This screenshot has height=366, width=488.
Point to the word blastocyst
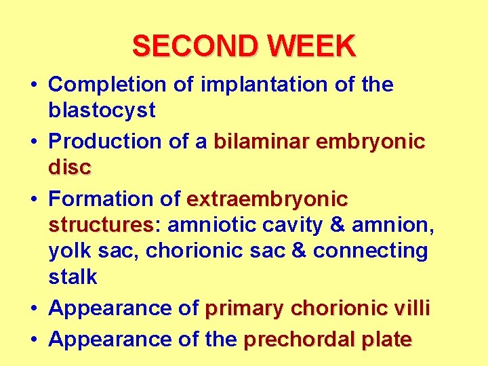coord(102,110)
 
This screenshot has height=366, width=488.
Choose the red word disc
coord(69,167)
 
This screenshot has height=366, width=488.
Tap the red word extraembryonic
coord(267,199)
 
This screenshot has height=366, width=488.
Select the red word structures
coord(100,224)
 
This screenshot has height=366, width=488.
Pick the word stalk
coord(73,277)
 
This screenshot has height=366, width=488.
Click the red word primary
coord(245,308)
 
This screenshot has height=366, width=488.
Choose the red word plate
coord(382,338)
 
